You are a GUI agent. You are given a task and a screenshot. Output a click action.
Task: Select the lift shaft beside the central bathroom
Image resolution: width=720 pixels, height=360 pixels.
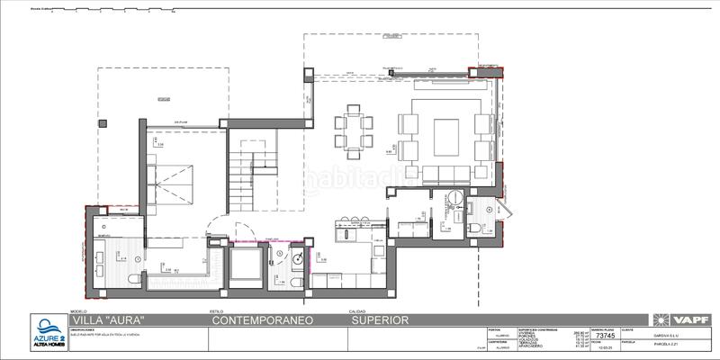245,265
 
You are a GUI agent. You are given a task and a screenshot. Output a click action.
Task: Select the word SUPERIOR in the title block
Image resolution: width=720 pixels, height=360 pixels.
381,319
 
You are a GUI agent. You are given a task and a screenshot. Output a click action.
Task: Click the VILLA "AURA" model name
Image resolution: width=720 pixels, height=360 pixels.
107,319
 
